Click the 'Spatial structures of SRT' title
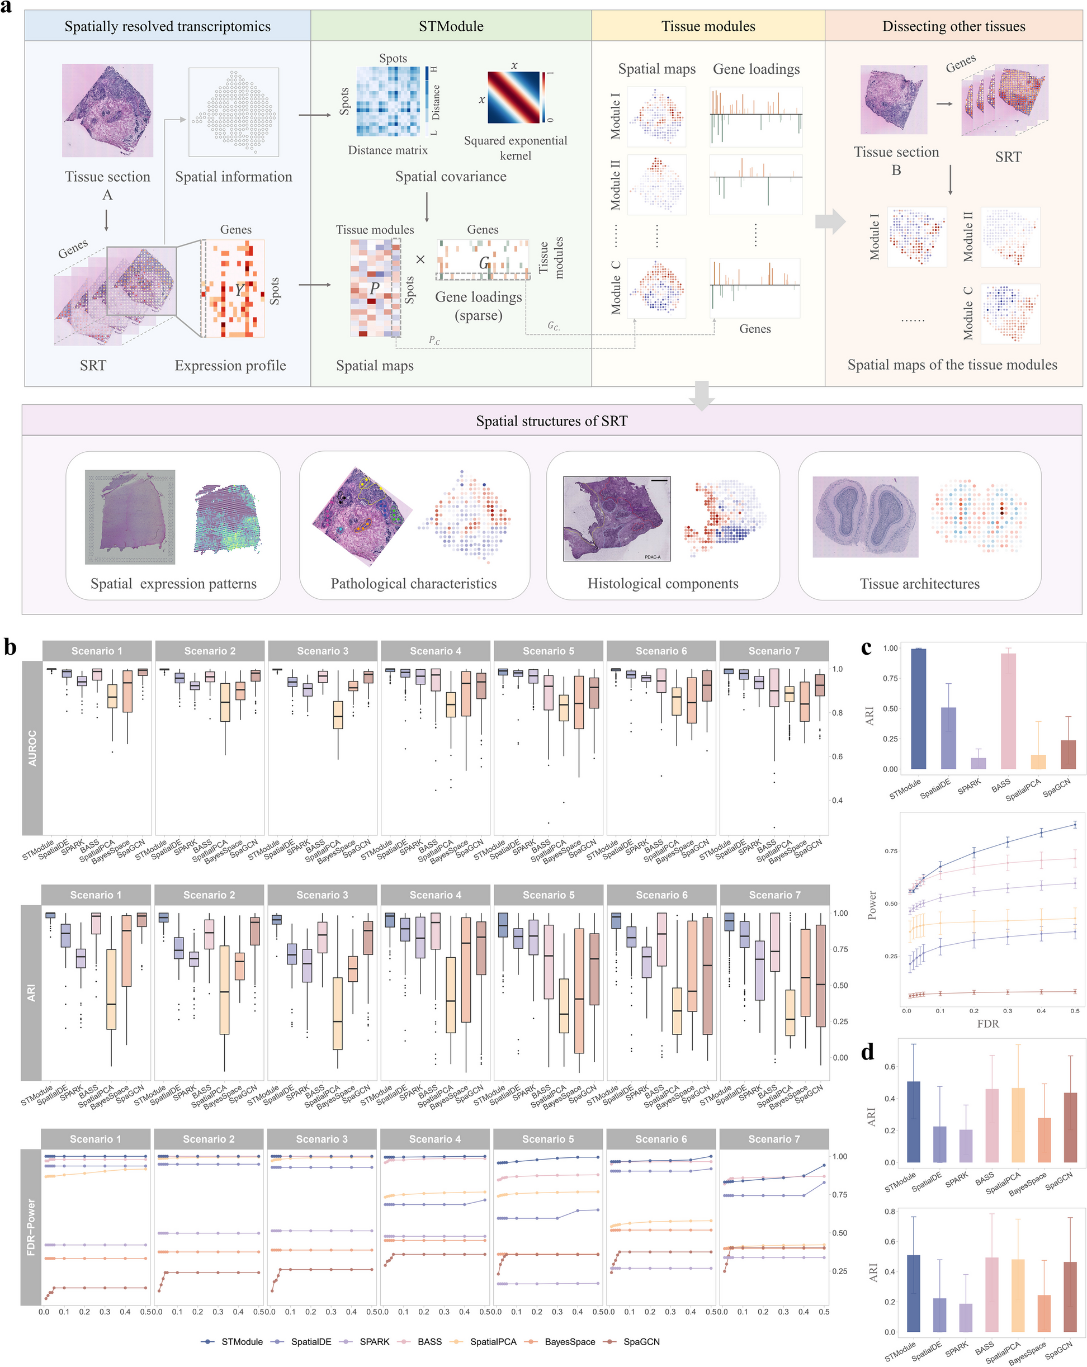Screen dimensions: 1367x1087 coord(551,421)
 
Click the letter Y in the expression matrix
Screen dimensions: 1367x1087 coord(239,290)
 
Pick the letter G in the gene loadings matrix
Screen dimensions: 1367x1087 coord(484,262)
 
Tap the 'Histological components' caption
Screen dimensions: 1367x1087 coord(662,583)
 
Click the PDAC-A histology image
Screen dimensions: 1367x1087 coord(616,519)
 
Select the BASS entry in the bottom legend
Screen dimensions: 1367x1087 coord(429,1342)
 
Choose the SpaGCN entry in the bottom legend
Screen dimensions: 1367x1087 coord(641,1342)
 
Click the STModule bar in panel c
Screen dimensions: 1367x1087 coord(918,708)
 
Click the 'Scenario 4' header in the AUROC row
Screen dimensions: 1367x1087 coord(435,651)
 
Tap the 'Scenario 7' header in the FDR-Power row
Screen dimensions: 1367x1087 coord(773,1139)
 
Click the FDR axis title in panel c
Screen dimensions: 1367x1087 coord(987,1023)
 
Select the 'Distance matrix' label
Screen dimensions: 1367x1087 coord(387,150)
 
